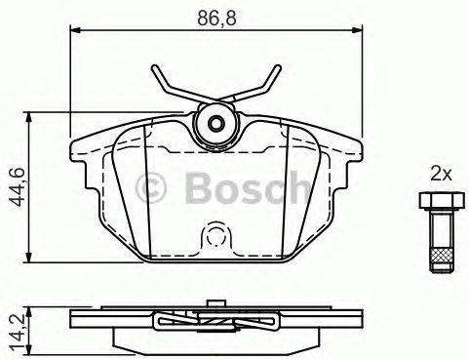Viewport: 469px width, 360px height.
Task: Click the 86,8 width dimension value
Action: (x=216, y=18)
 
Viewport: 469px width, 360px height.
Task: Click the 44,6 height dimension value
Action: (x=17, y=187)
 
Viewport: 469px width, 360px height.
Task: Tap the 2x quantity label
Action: (x=441, y=175)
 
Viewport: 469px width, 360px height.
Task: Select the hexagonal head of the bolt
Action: (x=442, y=201)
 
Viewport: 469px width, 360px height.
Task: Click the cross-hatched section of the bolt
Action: (x=441, y=255)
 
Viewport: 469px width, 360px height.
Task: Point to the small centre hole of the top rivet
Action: (x=215, y=124)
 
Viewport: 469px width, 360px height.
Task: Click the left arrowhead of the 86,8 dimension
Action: (x=75, y=30)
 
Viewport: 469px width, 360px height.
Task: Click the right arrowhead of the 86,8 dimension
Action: (x=358, y=30)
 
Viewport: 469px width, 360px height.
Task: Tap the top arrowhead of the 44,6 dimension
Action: (x=29, y=117)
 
